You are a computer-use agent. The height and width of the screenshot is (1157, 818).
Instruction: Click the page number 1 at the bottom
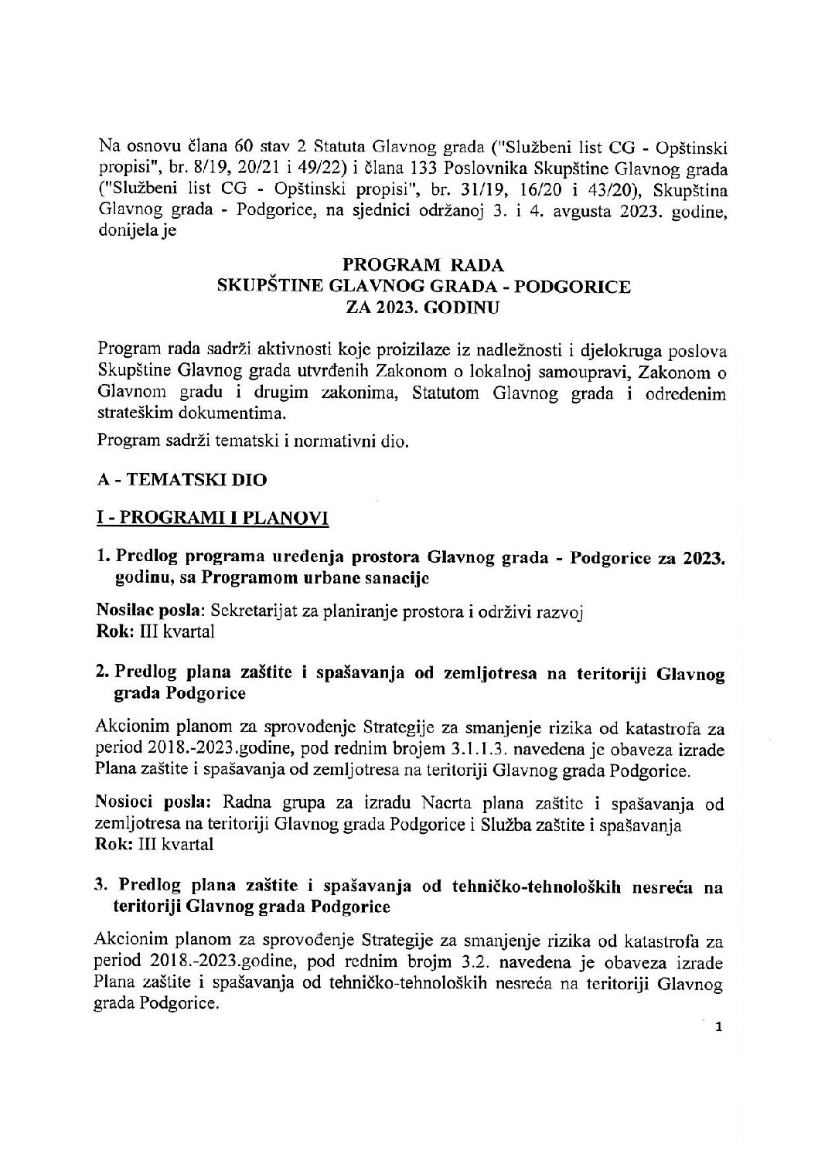(719, 1027)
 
